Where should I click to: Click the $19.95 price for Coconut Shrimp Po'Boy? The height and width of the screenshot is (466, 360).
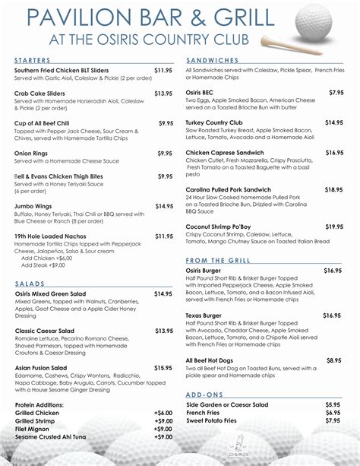click(x=334, y=227)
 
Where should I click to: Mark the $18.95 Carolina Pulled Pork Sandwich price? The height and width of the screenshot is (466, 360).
click(x=334, y=190)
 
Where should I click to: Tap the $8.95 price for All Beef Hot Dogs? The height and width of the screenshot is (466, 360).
click(x=334, y=360)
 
